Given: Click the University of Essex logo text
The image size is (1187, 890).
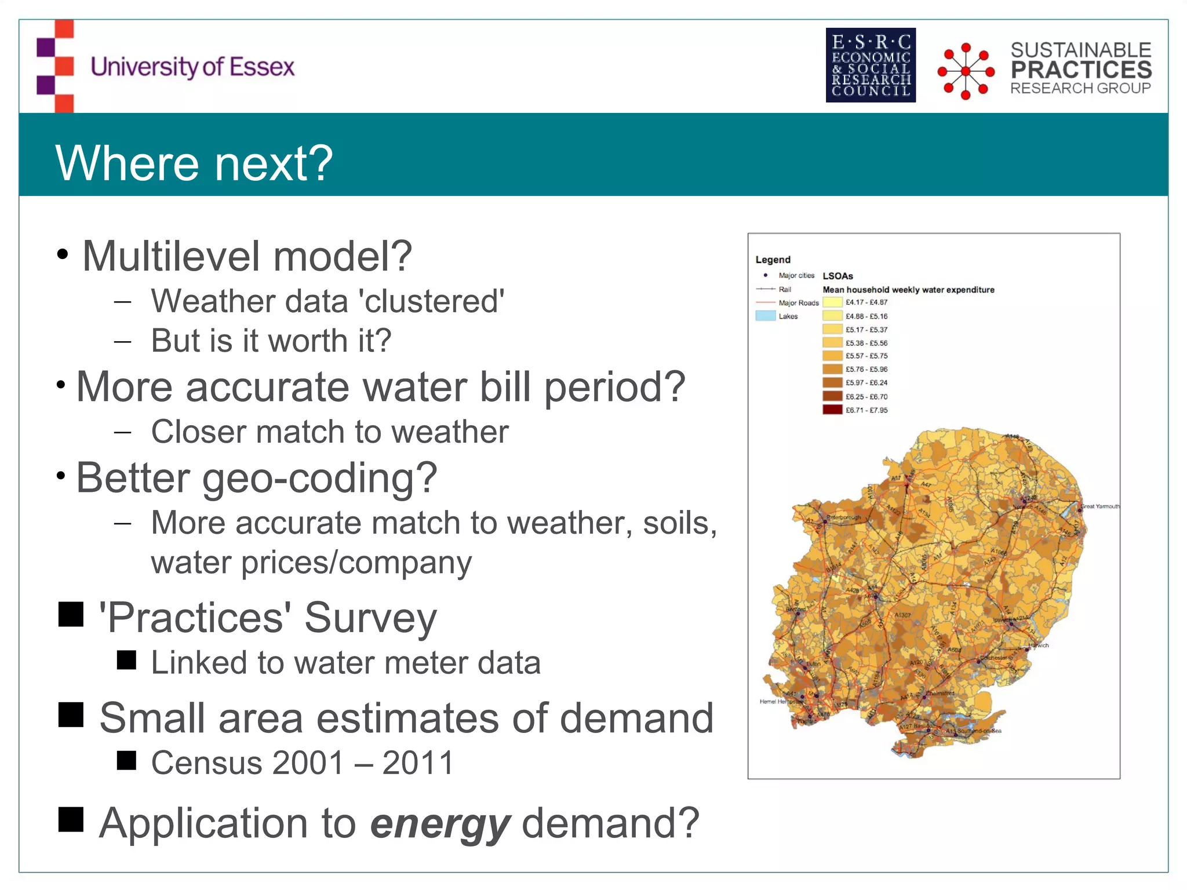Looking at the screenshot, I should pyautogui.click(x=192, y=67).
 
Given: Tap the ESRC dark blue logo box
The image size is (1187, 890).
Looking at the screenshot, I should pyautogui.click(x=871, y=65).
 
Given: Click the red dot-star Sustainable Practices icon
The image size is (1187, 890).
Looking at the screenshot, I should pyautogui.click(x=966, y=71).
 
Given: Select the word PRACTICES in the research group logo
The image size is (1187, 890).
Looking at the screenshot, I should pyautogui.click(x=1082, y=70).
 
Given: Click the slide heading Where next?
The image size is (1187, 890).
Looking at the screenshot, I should pyautogui.click(x=194, y=163).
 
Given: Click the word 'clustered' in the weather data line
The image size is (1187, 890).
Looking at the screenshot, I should pyautogui.click(x=431, y=302).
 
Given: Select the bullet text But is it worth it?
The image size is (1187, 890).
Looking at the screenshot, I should pyautogui.click(x=271, y=341).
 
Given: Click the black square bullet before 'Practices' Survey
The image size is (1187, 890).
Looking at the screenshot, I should pyautogui.click(x=71, y=614).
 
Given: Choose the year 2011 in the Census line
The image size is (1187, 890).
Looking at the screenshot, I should pyautogui.click(x=417, y=763).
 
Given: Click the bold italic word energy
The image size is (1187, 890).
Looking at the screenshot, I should pyautogui.click(x=440, y=823).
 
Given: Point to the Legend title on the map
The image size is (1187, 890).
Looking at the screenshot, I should pyautogui.click(x=773, y=260).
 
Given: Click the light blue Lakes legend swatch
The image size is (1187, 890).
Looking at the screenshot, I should pyautogui.click(x=765, y=316).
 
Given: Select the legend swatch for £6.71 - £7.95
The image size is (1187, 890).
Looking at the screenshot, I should pyautogui.click(x=832, y=410).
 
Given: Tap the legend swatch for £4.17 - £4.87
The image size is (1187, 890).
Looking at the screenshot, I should pyautogui.click(x=832, y=302).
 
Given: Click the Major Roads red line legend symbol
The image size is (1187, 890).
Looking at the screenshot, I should pyautogui.click(x=765, y=303).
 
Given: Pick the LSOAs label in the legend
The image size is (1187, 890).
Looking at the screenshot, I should pyautogui.click(x=838, y=276).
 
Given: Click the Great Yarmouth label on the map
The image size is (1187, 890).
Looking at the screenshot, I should pyautogui.click(x=1099, y=506).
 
